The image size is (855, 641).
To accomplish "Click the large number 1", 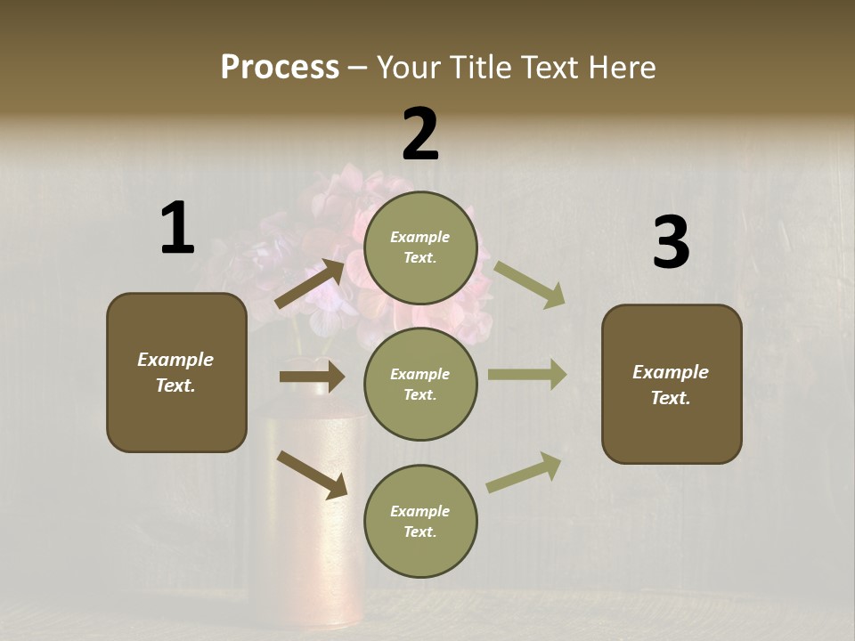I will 177,228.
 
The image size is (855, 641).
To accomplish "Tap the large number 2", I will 420,134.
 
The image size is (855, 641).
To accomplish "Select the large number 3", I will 671,243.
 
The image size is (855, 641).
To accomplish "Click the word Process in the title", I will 280,67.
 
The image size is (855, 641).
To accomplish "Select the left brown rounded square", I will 176,372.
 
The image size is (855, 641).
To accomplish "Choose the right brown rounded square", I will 672,384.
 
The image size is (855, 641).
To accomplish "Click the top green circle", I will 420,247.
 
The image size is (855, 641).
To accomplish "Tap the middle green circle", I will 420,384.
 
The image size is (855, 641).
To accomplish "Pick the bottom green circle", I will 420,521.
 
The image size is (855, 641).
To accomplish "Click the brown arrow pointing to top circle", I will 311,283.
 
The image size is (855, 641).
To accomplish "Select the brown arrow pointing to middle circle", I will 312,377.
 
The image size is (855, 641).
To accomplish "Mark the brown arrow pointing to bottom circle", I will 312,474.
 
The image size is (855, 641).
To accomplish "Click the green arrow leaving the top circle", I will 529,285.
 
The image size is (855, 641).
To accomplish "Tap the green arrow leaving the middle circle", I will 526,375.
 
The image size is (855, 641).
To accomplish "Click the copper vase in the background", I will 307,534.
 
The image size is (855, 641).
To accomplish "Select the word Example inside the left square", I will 175,360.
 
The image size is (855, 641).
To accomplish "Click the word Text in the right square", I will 671,398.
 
